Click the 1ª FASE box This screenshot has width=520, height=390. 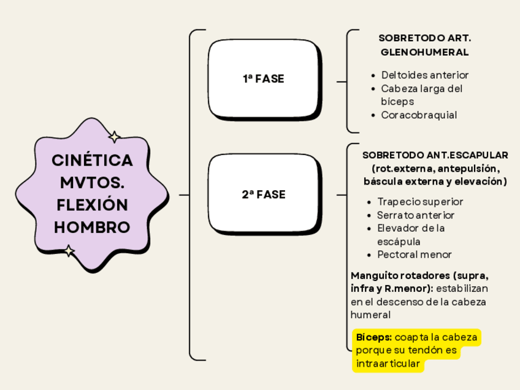(263, 79)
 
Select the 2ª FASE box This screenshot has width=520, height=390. (263, 194)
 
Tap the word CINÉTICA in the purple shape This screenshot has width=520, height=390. (92, 161)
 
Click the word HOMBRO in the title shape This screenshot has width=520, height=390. (92, 227)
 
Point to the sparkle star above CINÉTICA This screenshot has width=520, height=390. (114, 137)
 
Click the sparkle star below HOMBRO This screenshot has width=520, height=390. (69, 251)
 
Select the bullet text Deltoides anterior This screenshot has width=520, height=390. (424, 75)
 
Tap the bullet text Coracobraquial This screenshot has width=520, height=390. (419, 115)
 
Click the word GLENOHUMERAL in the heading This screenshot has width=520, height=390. (424, 52)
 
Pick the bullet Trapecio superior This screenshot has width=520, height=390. (420, 202)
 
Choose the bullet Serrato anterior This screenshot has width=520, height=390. (416, 215)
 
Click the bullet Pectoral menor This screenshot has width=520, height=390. (415, 254)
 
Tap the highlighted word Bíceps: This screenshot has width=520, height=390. (374, 337)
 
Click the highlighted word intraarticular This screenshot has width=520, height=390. (388, 364)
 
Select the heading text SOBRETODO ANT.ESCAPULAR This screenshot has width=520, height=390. (435, 155)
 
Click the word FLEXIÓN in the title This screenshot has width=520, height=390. (92, 205)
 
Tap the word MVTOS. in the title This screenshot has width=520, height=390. (92, 183)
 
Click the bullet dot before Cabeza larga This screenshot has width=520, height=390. (374, 89)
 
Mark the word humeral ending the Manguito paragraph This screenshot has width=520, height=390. (370, 315)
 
